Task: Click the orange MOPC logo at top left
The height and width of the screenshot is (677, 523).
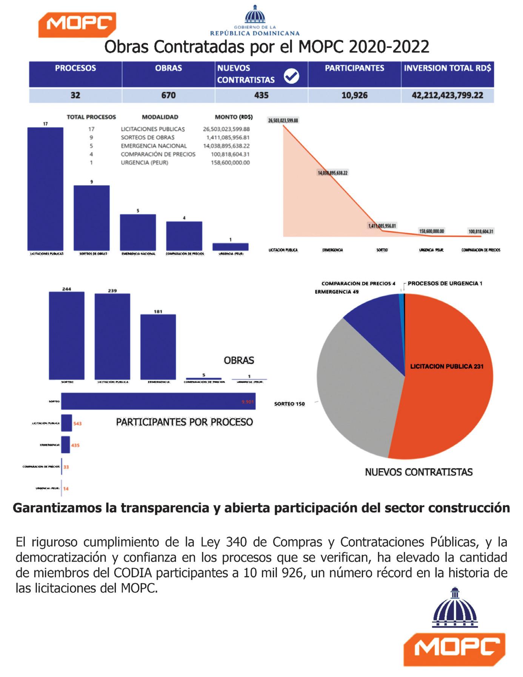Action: tap(77, 25)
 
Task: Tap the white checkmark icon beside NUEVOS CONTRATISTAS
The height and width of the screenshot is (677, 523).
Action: tap(291, 76)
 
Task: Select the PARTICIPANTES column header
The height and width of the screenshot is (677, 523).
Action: tap(354, 68)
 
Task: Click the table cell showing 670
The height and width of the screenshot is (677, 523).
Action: tap(168, 95)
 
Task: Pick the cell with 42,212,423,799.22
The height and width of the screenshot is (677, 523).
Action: tap(447, 95)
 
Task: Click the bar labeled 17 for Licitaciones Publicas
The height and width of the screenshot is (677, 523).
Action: tap(45, 189)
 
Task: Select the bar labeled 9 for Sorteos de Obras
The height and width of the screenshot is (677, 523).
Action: tap(92, 217)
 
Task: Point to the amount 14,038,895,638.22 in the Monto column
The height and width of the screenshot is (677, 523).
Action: tap(226, 146)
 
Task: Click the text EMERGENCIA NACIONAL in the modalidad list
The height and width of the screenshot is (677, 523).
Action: tap(154, 146)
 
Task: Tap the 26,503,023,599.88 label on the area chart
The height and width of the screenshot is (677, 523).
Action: tap(283, 121)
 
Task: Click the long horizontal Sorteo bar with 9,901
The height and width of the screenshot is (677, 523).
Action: tap(158, 401)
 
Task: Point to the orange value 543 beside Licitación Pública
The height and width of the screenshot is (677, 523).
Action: tap(77, 424)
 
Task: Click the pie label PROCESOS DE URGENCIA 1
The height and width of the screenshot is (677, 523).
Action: tap(445, 283)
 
